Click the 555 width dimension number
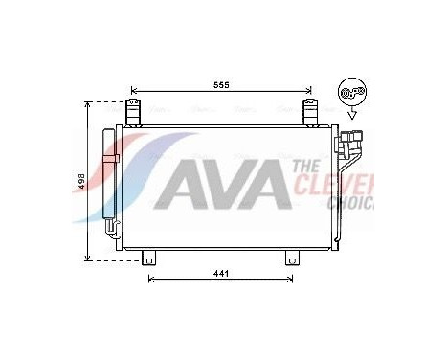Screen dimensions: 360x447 click(x=221, y=85)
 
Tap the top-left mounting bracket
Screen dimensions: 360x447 click(x=132, y=112)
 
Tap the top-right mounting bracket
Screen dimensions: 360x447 click(x=310, y=112)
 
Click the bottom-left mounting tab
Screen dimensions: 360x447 click(x=149, y=259)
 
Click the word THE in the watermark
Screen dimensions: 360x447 click(x=308, y=166)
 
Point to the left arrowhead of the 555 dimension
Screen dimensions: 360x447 click(x=134, y=95)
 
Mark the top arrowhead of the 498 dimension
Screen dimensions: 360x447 click(x=90, y=104)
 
